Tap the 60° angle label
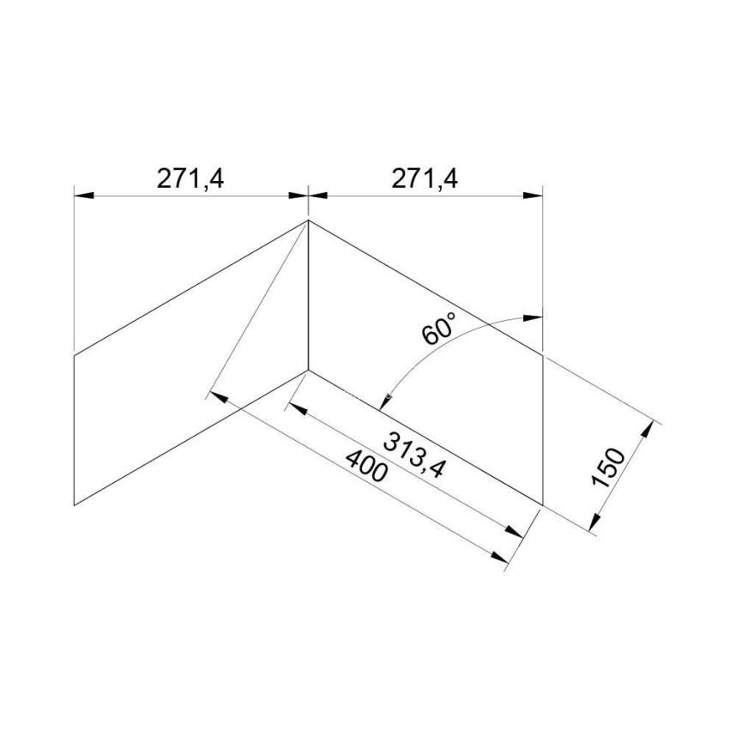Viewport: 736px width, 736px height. [439, 328]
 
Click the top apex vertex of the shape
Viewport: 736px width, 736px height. [308, 221]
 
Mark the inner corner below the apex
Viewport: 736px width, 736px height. [308, 371]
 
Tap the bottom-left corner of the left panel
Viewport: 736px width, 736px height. [75, 505]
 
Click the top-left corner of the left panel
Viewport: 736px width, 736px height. [75, 354]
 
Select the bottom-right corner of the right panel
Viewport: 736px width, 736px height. [542, 505]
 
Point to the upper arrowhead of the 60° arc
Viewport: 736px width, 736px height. [533, 318]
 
